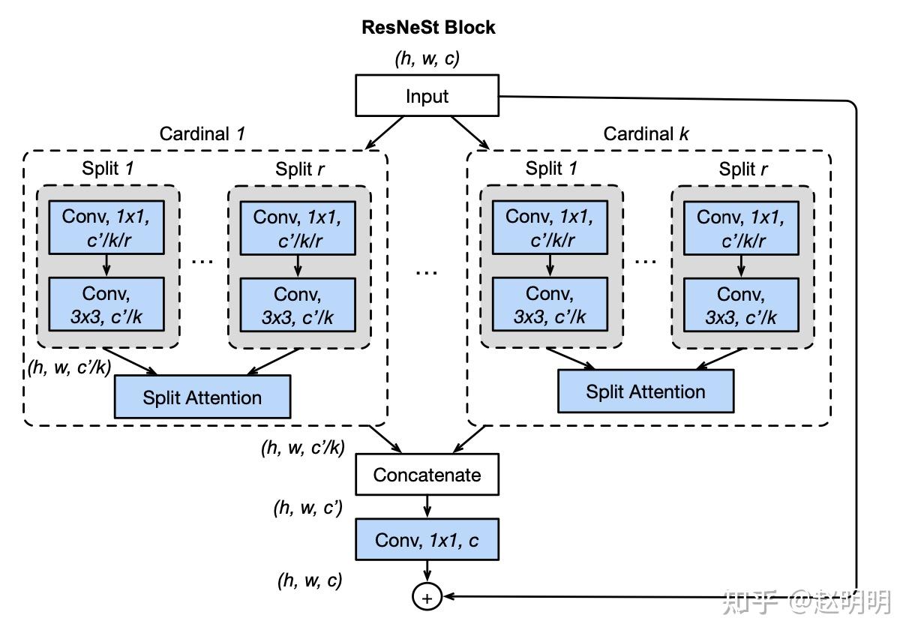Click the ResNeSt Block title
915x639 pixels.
point(428,28)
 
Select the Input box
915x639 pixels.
point(427,96)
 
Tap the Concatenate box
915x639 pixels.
point(427,475)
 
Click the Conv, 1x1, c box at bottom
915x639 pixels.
point(427,540)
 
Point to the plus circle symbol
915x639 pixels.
point(427,597)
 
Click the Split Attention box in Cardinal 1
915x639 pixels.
point(202,397)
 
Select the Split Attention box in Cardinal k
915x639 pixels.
point(645,391)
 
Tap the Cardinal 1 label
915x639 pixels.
point(202,134)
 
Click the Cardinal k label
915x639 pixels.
point(646,134)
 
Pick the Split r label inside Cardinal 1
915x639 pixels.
point(299,169)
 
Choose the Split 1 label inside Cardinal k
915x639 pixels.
point(551,169)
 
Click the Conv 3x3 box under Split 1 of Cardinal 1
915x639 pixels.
point(106,304)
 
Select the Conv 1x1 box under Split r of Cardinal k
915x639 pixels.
point(741,227)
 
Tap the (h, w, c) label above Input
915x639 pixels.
point(427,58)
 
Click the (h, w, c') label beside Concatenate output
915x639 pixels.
point(307,508)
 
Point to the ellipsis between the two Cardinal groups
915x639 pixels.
point(427,272)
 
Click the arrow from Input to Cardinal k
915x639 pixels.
point(470,133)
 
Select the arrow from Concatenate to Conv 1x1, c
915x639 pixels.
point(427,506)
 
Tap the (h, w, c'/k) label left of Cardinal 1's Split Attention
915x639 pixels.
point(69,367)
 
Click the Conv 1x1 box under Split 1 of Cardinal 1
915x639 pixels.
point(106,227)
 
